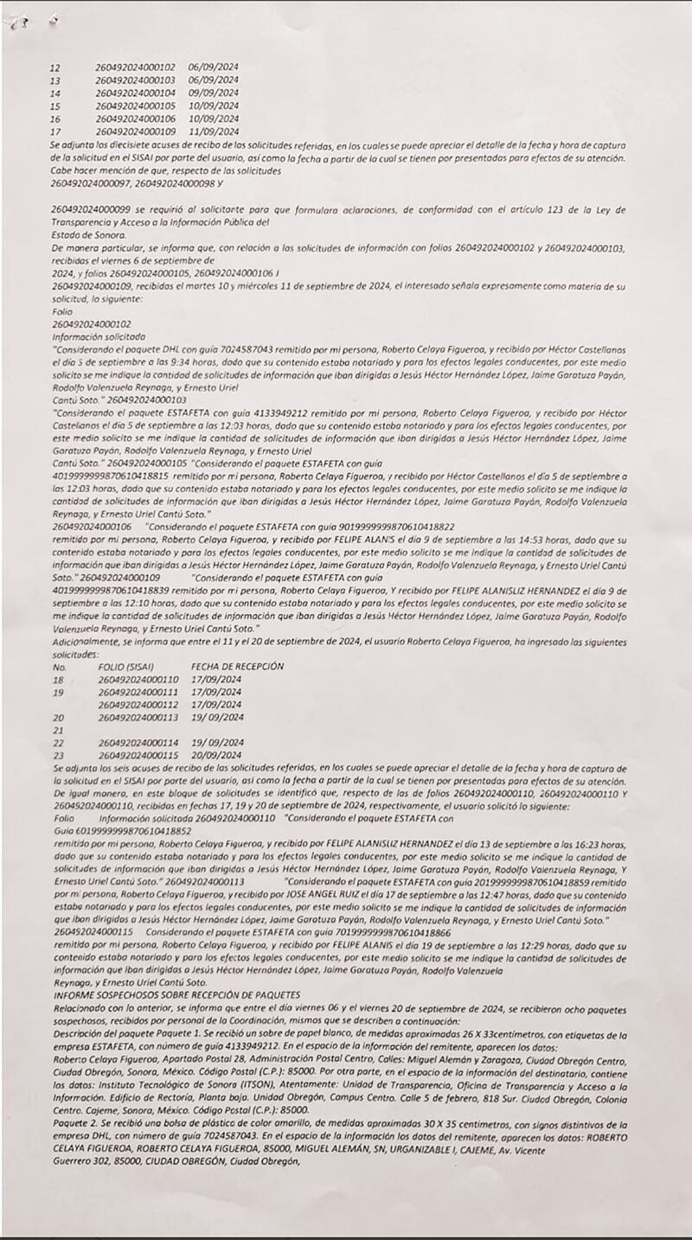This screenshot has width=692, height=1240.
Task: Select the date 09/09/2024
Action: (214, 93)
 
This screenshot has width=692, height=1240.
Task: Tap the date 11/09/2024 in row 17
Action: (214, 131)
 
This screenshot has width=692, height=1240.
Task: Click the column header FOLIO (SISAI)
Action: (128, 667)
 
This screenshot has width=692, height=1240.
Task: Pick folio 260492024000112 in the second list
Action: (138, 705)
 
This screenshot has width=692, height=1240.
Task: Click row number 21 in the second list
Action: (59, 730)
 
